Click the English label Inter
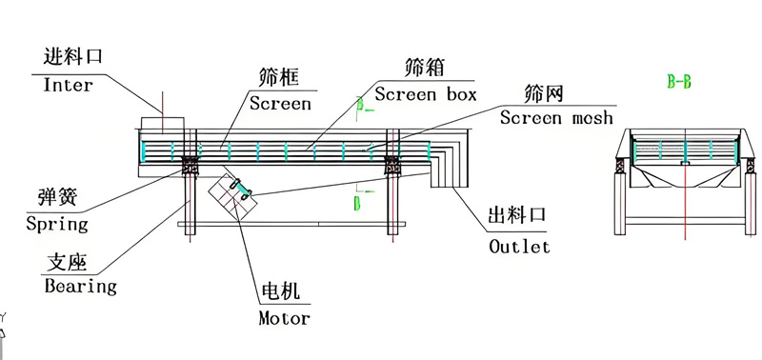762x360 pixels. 69,85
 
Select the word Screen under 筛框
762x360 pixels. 280,102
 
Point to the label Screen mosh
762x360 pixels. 557,118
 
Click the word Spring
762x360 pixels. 58,225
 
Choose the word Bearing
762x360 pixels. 81,285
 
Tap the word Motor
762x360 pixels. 285,318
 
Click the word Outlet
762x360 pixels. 519,247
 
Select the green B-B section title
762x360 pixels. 679,82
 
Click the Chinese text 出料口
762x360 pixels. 516,219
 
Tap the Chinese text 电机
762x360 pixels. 279,290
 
